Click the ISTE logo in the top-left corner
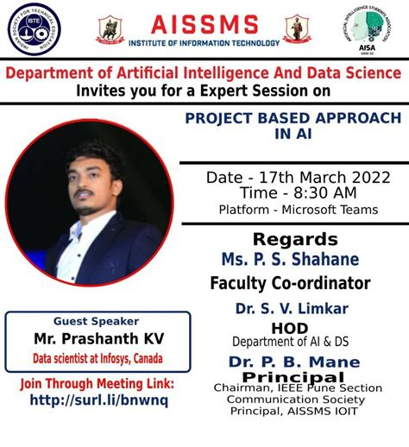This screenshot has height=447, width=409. [x=32, y=29]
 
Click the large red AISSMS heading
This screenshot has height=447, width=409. [x=204, y=22]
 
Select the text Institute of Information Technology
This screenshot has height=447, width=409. [x=204, y=42]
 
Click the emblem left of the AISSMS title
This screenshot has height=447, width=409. [x=109, y=29]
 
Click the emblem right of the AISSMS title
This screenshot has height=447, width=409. [x=297, y=29]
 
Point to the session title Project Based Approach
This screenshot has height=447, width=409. [x=293, y=116]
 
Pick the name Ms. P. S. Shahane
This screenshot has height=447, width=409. [x=290, y=259]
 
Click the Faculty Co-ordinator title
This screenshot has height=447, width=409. [x=290, y=282]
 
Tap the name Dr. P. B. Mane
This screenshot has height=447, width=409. [x=287, y=362]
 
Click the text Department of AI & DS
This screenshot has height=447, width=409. [x=288, y=342]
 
